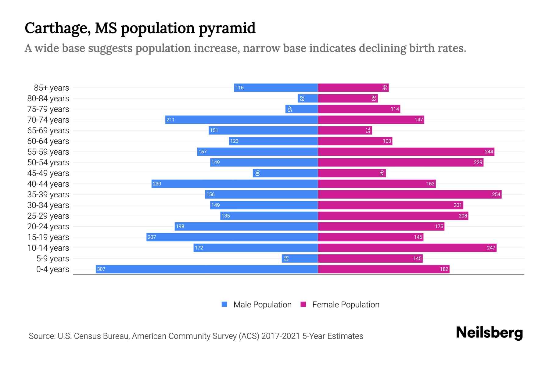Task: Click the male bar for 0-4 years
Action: point(207,269)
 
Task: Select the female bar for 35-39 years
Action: point(410,194)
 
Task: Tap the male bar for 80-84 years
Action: point(308,98)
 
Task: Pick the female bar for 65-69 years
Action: point(345,130)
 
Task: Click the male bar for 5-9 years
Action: point(300,258)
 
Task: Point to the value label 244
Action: point(489,152)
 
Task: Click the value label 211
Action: point(170,120)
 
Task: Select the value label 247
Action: point(491,248)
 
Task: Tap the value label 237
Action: point(152,237)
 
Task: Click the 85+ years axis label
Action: point(52,88)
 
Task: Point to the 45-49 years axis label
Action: point(48,173)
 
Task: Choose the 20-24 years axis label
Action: point(48,227)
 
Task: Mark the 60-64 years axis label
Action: point(48,141)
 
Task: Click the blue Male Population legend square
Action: point(224,304)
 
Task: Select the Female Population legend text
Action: point(346,305)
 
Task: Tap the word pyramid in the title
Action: point(227,28)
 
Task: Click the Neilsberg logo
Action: point(489,333)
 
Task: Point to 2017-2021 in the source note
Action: point(281,336)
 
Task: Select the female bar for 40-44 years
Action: point(377,184)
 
